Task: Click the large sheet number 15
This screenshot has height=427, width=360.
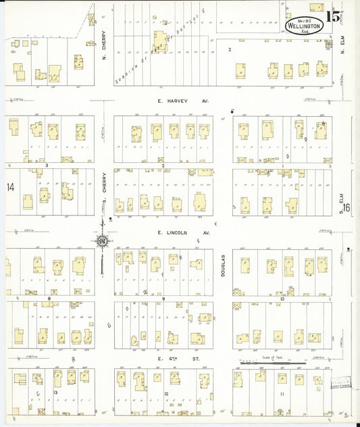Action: click(x=333, y=18)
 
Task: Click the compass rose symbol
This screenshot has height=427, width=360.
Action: click(x=101, y=241)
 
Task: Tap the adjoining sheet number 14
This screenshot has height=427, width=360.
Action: click(x=10, y=186)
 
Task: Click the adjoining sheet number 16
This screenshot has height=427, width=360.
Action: click(x=346, y=209)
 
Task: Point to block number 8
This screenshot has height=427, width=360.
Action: click(x=49, y=297)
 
